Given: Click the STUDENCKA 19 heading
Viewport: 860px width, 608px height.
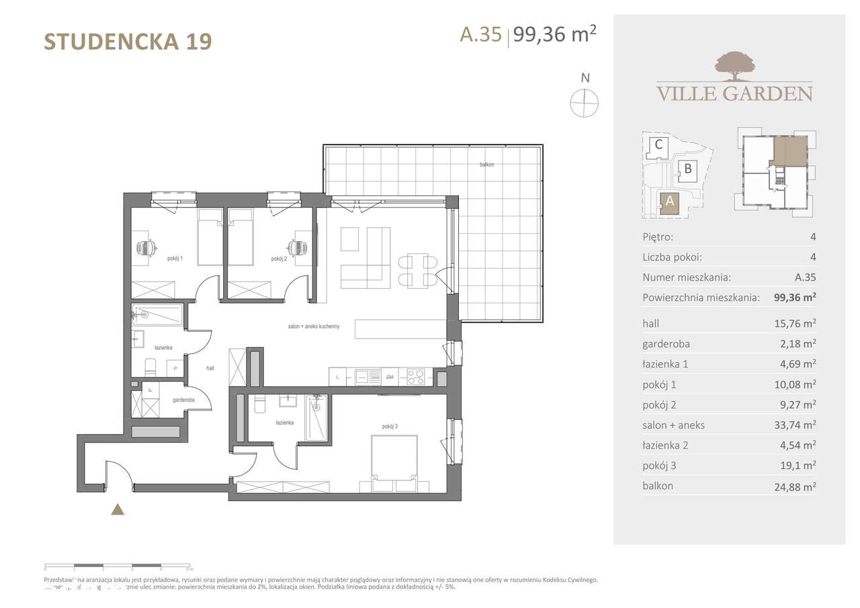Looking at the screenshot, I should click(x=128, y=42).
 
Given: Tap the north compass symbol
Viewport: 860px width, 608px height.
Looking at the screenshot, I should click(x=585, y=103).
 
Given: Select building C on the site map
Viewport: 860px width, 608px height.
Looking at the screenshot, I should click(x=659, y=144).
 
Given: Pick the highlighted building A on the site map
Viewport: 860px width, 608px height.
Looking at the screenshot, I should click(x=669, y=202).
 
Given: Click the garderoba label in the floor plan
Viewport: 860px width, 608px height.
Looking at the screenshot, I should click(x=183, y=400).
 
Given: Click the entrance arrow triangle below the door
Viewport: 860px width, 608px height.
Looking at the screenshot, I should click(x=118, y=509).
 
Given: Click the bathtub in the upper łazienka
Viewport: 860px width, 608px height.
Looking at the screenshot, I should click(x=158, y=314).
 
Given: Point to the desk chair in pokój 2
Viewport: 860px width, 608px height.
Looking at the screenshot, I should click(x=300, y=247).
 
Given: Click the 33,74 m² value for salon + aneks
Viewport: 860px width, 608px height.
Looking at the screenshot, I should click(x=795, y=425).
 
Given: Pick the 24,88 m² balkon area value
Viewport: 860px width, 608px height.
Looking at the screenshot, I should click(x=795, y=486).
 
